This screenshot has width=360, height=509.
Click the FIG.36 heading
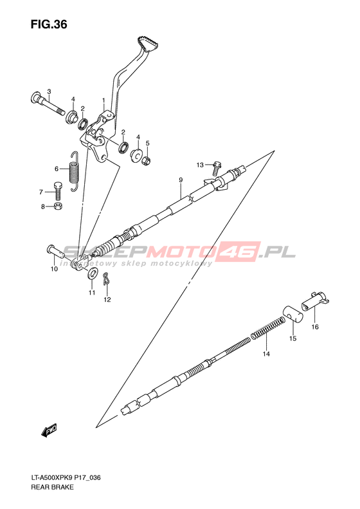(x=49, y=24)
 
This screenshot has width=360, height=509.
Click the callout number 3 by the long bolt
(x=49, y=91)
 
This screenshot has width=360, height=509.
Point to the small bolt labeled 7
(x=57, y=190)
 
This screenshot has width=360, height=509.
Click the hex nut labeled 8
(x=59, y=206)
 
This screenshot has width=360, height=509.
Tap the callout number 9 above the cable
(x=181, y=180)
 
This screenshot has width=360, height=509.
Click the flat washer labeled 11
(x=92, y=273)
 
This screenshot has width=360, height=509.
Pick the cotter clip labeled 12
(x=106, y=278)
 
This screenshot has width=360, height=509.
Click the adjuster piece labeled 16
(x=315, y=302)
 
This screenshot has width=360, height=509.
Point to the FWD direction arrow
(x=50, y=430)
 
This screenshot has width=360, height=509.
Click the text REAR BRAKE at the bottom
(x=52, y=487)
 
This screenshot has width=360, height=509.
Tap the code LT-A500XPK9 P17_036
(x=66, y=477)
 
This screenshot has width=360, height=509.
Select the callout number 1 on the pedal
(x=104, y=100)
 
